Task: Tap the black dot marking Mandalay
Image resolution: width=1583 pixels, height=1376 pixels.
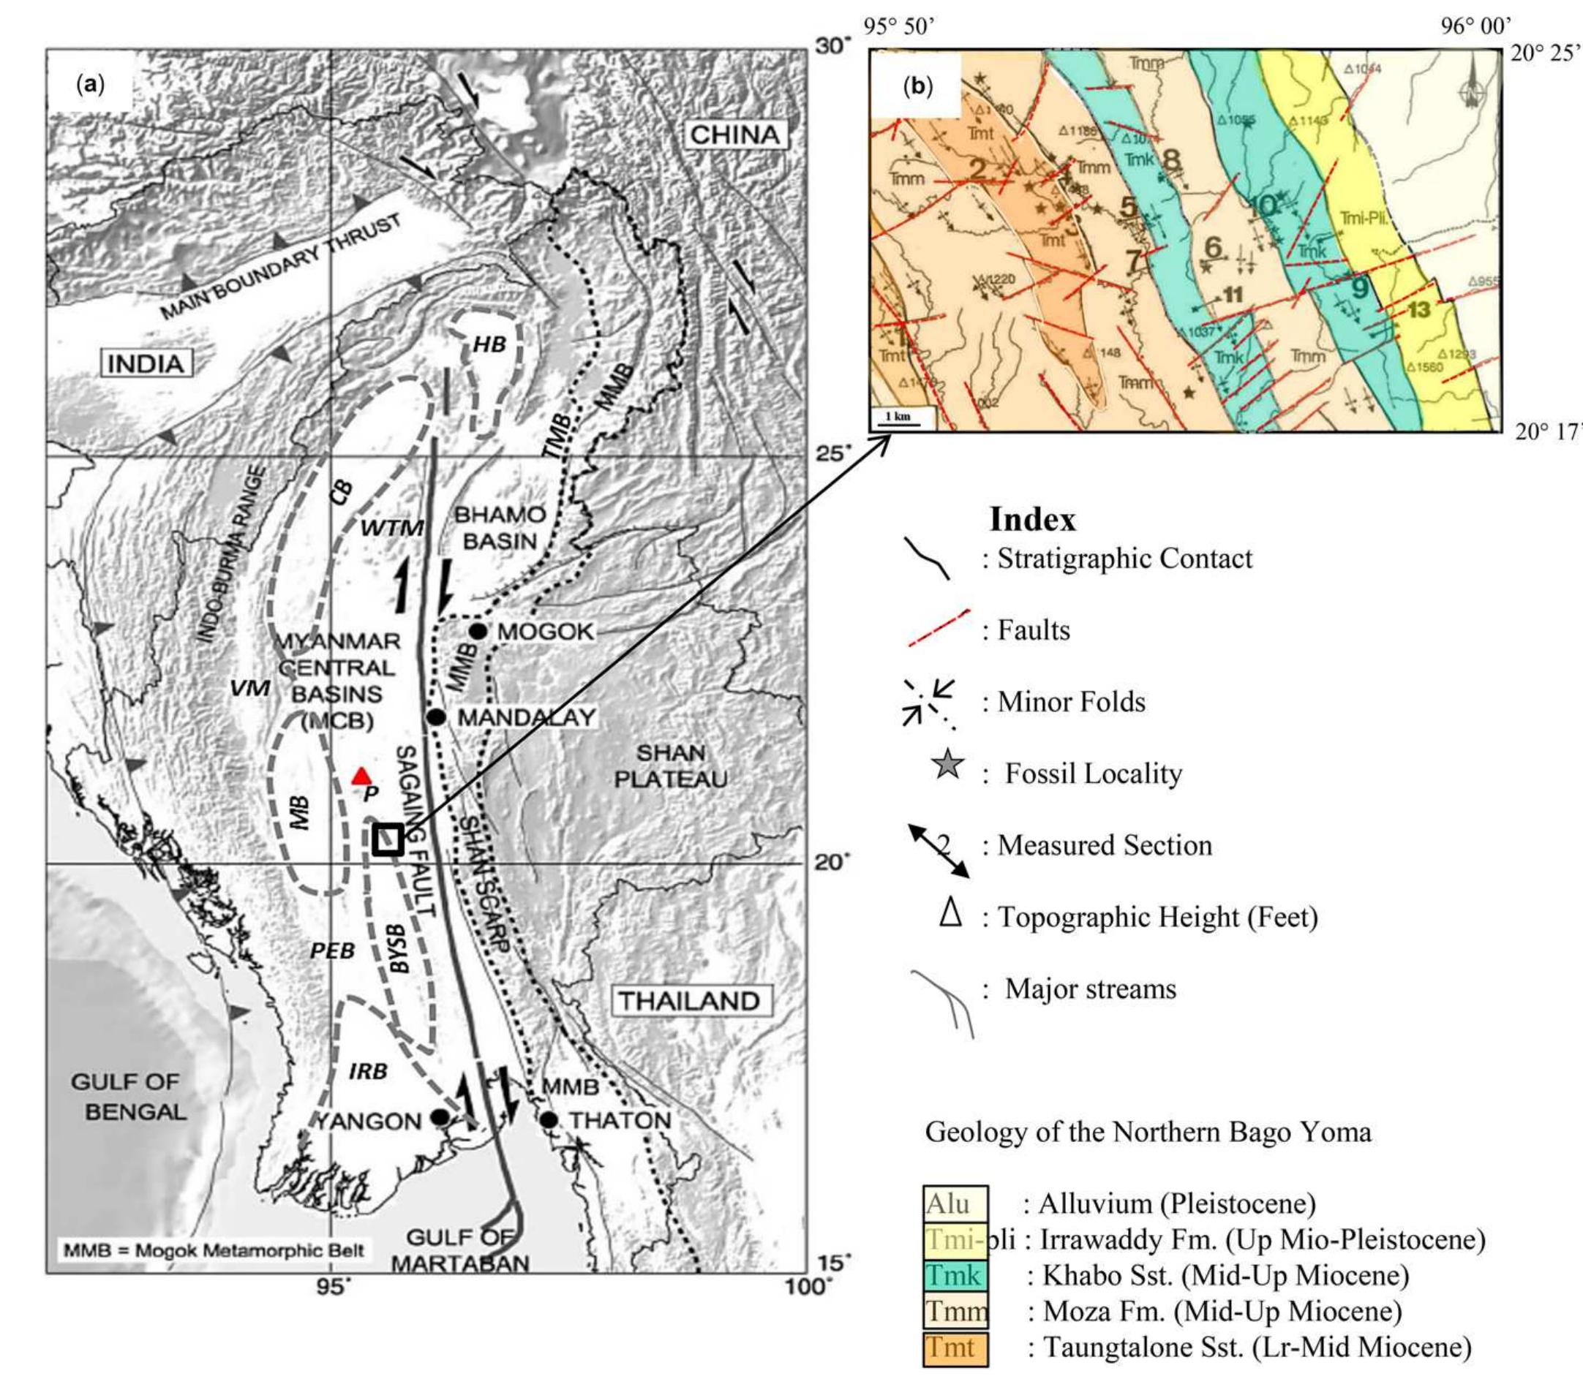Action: (436, 717)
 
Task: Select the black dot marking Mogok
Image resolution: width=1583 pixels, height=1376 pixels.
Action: (478, 631)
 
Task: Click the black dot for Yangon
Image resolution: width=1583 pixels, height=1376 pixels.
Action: (440, 1116)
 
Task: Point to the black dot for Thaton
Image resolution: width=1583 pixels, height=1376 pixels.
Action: (548, 1119)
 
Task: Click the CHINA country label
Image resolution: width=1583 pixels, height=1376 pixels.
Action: (734, 135)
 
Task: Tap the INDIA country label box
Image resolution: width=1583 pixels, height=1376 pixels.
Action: (146, 363)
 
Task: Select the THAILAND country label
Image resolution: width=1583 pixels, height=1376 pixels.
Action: (690, 1000)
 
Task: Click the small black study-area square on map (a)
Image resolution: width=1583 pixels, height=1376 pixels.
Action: (387, 839)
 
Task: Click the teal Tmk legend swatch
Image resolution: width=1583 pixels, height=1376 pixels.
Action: (955, 1275)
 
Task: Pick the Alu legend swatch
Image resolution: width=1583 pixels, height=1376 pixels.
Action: (955, 1203)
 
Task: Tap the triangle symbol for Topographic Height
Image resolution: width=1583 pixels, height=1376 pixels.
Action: (951, 914)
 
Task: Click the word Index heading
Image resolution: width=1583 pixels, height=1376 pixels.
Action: (1032, 520)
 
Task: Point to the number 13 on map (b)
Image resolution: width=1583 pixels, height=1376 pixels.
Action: (1418, 309)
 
